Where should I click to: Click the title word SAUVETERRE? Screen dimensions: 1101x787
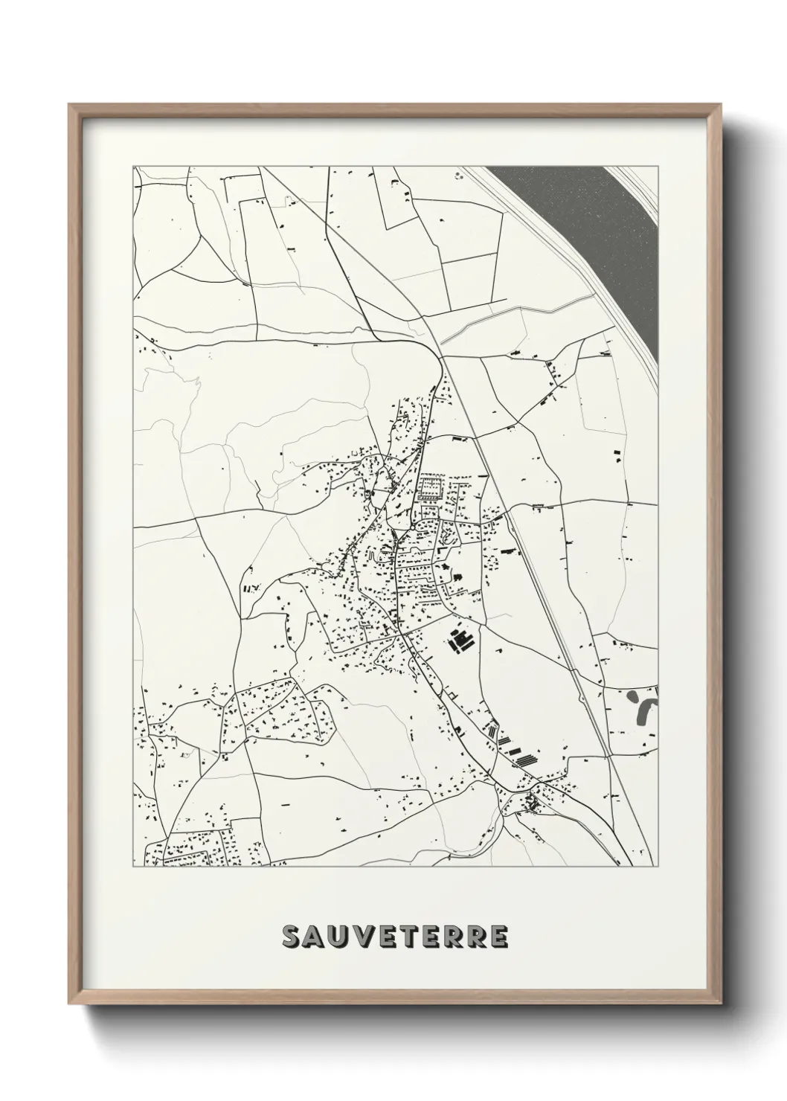click(395, 937)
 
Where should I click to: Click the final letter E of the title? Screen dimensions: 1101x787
click(498, 937)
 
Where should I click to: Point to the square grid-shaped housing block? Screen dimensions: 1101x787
click(430, 487)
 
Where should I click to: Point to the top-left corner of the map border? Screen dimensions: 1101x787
click(133, 166)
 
